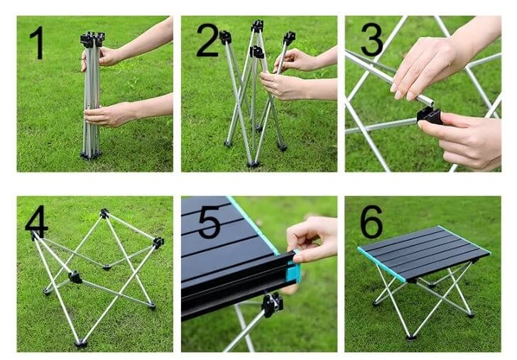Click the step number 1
38,43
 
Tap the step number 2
207,40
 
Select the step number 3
372,40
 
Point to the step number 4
36,219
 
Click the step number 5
209,222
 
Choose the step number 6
371,221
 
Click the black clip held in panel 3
430,116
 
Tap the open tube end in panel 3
429,101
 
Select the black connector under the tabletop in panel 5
273,305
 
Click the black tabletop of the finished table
425,251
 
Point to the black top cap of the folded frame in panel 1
92,40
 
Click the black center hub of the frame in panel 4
75,278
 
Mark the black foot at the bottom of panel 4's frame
81,344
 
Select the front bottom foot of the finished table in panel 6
410,337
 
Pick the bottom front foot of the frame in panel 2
254,164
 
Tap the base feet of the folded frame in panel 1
90,155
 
